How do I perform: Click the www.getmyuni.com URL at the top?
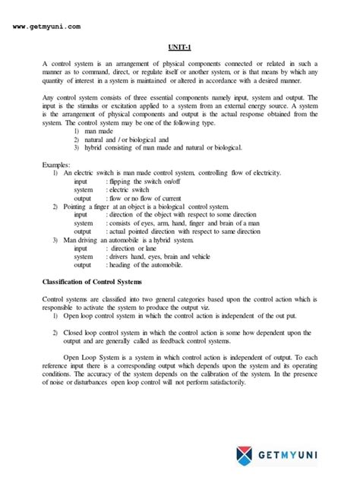click(47, 27)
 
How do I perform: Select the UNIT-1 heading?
click(179, 47)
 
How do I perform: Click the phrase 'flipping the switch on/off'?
click(152, 182)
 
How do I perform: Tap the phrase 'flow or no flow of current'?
click(152, 199)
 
